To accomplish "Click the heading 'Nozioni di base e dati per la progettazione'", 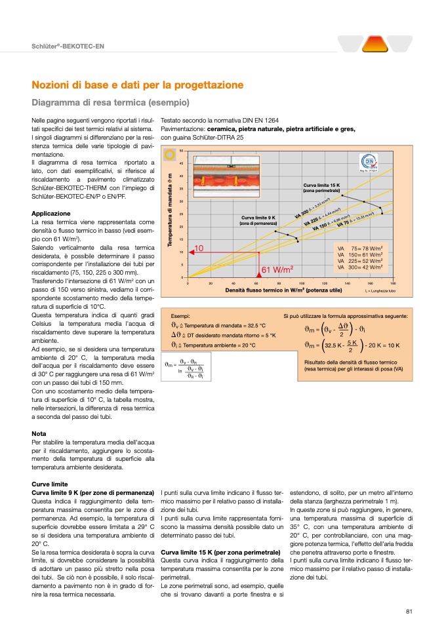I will [138, 85].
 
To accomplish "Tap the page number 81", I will [409, 612].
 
